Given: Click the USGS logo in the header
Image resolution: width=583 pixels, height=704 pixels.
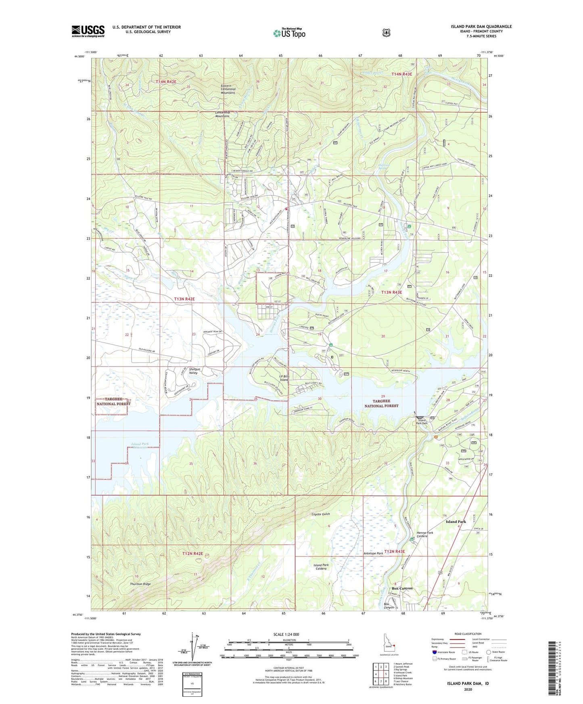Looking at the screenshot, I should [88, 31].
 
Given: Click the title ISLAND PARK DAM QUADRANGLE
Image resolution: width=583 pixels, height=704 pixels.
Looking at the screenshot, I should [481, 27].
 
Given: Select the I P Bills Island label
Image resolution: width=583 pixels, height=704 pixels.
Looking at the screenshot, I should [284, 378].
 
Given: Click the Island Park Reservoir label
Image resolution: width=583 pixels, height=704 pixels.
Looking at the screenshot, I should [140, 446].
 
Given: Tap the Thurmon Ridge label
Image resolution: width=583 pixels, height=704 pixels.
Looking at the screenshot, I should [140, 584].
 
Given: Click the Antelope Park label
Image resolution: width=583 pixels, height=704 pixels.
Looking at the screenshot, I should [373, 554].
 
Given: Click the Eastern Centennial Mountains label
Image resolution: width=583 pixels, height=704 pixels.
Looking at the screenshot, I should [228, 89].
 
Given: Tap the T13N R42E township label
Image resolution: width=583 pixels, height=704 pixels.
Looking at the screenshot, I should [184, 299].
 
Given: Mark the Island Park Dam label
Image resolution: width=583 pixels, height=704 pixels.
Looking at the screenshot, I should [422, 422].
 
